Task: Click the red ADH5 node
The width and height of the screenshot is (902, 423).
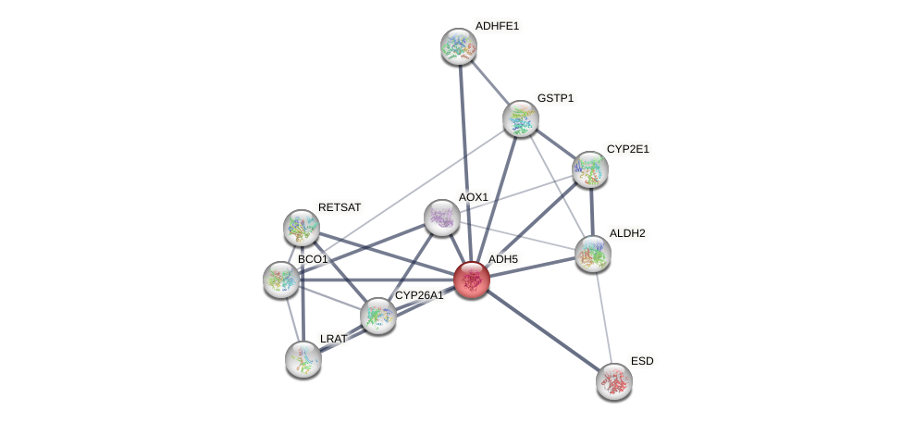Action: [x=472, y=280]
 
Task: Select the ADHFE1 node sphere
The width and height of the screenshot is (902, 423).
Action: [x=458, y=46]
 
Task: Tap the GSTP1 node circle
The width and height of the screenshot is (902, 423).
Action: [x=521, y=118]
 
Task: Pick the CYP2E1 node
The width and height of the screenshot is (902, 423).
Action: [x=589, y=169]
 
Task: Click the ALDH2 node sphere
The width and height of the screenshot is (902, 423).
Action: [x=593, y=254]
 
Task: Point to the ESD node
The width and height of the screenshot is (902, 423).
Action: [x=613, y=380]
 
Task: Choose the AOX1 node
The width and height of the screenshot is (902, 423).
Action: [x=441, y=218]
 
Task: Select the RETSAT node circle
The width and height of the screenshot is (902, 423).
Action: [x=301, y=227]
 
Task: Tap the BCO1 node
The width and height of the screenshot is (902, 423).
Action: [x=280, y=279]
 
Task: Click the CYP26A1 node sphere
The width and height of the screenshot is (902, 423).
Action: [x=377, y=316]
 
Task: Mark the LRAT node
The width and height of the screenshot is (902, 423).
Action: [x=303, y=358]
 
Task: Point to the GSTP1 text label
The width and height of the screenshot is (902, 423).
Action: [x=555, y=98]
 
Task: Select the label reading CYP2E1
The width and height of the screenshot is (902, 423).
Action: [x=628, y=149]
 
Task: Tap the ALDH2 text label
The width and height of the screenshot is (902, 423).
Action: [x=627, y=233]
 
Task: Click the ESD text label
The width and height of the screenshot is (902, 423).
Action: [x=642, y=360]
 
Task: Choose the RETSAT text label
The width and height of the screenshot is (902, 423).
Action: [x=339, y=207]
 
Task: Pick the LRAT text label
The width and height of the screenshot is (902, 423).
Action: [x=333, y=339]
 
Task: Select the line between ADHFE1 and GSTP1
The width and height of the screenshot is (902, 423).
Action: [x=489, y=82]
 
